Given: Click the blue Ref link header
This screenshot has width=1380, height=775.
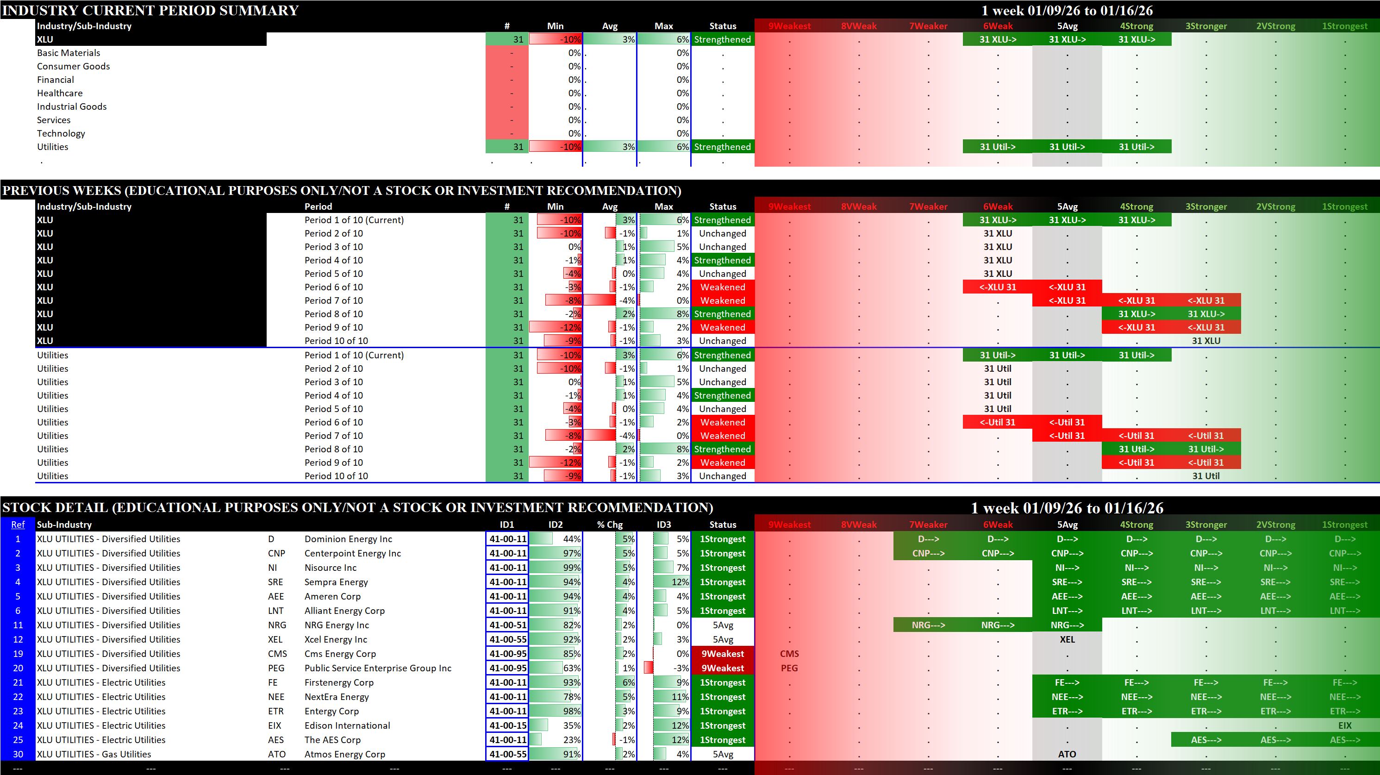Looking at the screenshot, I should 18,525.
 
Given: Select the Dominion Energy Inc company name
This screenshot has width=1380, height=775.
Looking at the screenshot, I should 348,539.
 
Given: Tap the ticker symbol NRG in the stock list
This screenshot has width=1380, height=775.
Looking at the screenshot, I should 277,625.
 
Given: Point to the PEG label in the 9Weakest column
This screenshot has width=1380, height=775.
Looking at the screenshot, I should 789,669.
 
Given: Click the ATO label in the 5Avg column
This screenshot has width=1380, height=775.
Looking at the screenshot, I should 1067,754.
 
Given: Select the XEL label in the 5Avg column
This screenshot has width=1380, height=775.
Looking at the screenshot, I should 1067,639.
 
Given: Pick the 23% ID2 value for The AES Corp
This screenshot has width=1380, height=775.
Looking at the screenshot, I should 572,740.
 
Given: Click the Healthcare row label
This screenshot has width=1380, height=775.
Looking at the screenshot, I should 59,93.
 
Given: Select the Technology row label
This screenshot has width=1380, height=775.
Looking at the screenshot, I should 61,133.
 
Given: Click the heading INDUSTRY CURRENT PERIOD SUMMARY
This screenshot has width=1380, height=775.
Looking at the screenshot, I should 150,10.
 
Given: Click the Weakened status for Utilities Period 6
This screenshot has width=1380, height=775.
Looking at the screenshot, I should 722,423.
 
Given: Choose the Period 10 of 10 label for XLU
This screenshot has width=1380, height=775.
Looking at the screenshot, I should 336,341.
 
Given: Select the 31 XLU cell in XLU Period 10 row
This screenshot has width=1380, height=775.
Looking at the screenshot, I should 1206,341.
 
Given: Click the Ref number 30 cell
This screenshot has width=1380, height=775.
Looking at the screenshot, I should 18,754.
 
